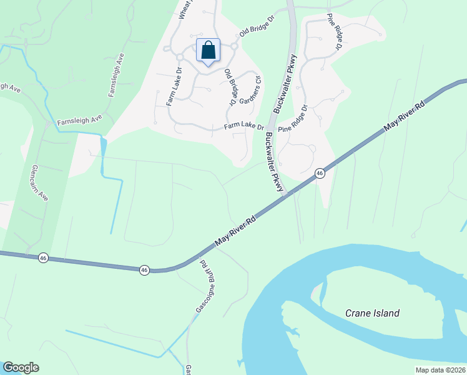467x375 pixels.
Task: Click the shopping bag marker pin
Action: [209, 51]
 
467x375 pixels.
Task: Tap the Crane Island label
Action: [372, 313]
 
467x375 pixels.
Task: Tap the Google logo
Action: [21, 367]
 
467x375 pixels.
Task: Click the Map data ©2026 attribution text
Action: [440, 370]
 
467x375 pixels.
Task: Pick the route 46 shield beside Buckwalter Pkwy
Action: [320, 173]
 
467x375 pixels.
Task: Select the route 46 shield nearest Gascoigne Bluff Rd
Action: [144, 270]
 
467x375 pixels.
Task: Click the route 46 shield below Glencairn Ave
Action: [43, 257]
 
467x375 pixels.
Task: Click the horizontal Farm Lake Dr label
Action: [245, 127]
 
